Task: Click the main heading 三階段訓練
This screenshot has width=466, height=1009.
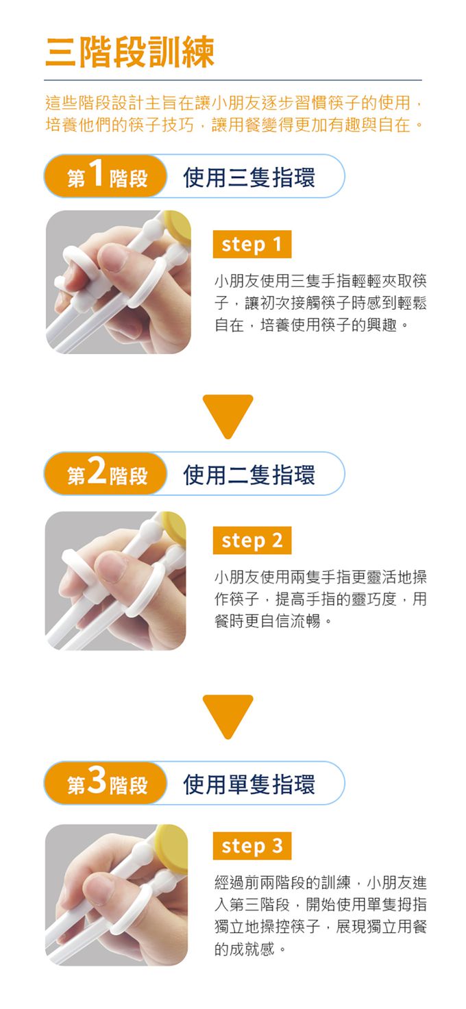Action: [x=130, y=52]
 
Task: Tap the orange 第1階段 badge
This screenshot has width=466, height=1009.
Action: [x=106, y=177]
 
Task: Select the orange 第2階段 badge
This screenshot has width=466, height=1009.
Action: [x=106, y=474]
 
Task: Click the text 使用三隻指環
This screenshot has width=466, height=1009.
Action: [x=249, y=177]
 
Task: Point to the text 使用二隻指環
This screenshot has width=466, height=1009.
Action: [x=249, y=474]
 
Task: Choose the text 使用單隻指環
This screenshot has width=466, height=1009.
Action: [x=249, y=784]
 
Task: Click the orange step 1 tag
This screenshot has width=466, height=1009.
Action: [x=252, y=245]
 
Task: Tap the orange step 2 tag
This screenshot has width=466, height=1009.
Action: [x=252, y=540]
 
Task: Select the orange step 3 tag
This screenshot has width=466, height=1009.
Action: [x=252, y=846]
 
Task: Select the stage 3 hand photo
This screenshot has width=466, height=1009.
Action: [x=116, y=895]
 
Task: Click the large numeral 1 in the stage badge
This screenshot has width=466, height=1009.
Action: [x=97, y=175]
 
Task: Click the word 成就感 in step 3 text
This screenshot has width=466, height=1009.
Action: [x=243, y=950]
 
